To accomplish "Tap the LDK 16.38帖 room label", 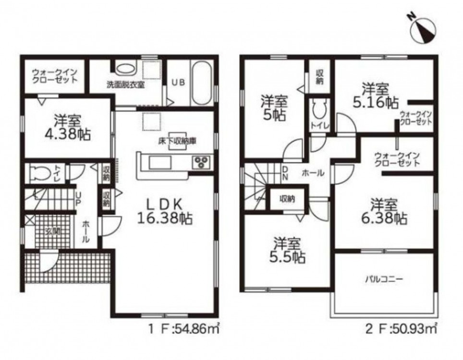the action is [165, 211].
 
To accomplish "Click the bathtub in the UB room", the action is [201, 83].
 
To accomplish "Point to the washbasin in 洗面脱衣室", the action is [125, 69].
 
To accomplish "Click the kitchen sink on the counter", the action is [160, 163].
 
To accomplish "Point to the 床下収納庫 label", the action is [177, 141].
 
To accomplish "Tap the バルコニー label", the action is [384, 279].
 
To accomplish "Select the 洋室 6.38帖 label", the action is [384, 212].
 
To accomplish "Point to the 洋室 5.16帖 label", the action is [376, 96].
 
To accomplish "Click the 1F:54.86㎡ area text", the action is [183, 329].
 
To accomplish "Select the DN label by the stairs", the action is [285, 173].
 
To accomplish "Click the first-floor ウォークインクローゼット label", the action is [55, 76].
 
